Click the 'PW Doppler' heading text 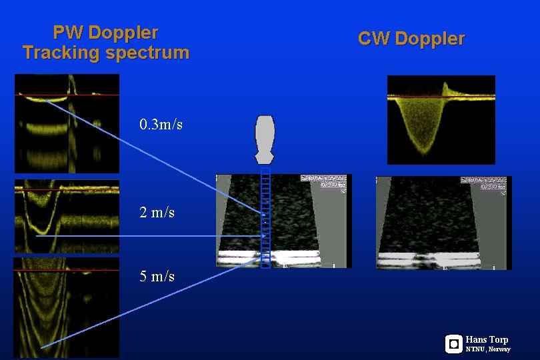[105, 32]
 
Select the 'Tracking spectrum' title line [105, 53]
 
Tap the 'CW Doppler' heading [411, 39]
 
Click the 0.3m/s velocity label [161, 125]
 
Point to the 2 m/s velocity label [157, 213]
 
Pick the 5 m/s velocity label [157, 276]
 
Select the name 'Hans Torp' [487, 339]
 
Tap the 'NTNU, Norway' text [488, 349]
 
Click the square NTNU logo [453, 344]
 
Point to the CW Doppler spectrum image [441, 120]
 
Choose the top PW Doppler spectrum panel [67, 123]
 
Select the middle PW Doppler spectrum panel [67, 215]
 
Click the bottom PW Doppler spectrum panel [67, 307]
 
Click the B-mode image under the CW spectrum [443, 223]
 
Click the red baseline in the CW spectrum [467, 97]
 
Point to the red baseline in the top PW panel [93, 95]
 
